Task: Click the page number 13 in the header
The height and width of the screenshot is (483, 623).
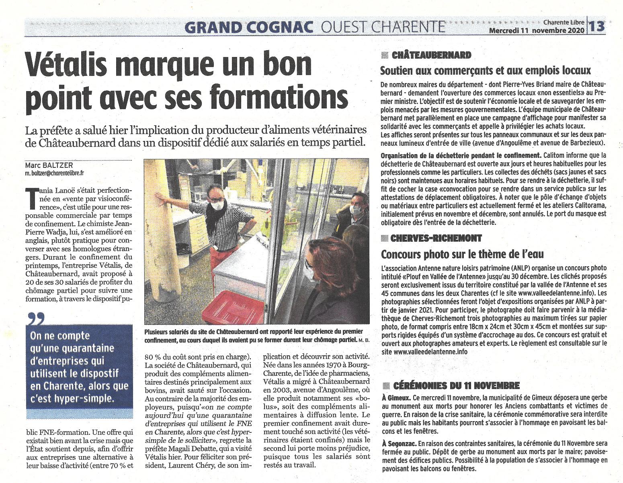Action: point(598,26)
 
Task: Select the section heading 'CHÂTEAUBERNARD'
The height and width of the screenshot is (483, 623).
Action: point(430,55)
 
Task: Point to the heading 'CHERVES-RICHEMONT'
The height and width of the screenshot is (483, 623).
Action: point(436,238)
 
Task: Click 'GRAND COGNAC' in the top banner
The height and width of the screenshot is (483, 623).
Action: point(250,27)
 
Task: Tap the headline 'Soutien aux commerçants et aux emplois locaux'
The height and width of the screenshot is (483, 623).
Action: point(486,71)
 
